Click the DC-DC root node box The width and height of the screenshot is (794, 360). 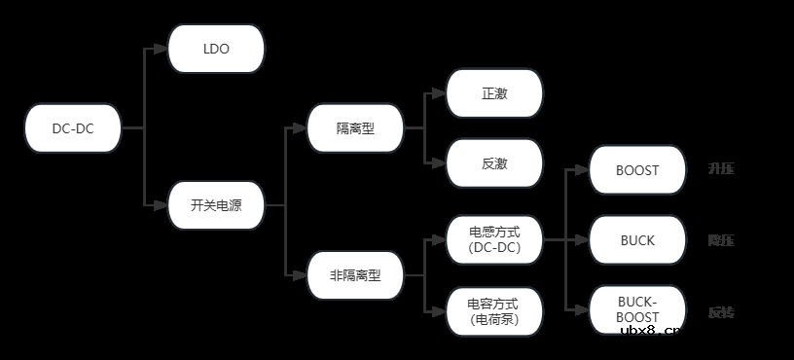coord(73,128)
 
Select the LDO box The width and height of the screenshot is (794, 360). coord(216,48)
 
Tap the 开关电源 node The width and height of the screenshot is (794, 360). coord(216,205)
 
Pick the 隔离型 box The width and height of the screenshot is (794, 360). coord(355,128)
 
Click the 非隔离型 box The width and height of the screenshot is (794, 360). coord(355,275)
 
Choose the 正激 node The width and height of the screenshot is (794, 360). coord(494,93)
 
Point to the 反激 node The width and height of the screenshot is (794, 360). coord(494,163)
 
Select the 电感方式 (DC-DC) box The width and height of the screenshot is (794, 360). coord(494,240)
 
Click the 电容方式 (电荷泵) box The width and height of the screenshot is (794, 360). coord(494,311)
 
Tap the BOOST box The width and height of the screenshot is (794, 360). coord(637,169)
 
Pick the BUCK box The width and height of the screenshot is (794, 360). coord(637,240)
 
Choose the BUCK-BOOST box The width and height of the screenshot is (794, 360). coord(637,309)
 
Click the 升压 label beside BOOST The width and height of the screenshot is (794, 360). coord(721,169)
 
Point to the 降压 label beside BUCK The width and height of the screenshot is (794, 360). coord(721,240)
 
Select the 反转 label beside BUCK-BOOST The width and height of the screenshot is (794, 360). coord(721,312)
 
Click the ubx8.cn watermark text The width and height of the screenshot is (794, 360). coord(652,331)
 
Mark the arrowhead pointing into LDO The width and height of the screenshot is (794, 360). coord(162,49)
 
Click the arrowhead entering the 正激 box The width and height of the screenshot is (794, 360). coord(441,93)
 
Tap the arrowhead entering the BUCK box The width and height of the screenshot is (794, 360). coord(584,240)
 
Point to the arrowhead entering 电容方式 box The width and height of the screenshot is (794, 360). coord(441,311)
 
